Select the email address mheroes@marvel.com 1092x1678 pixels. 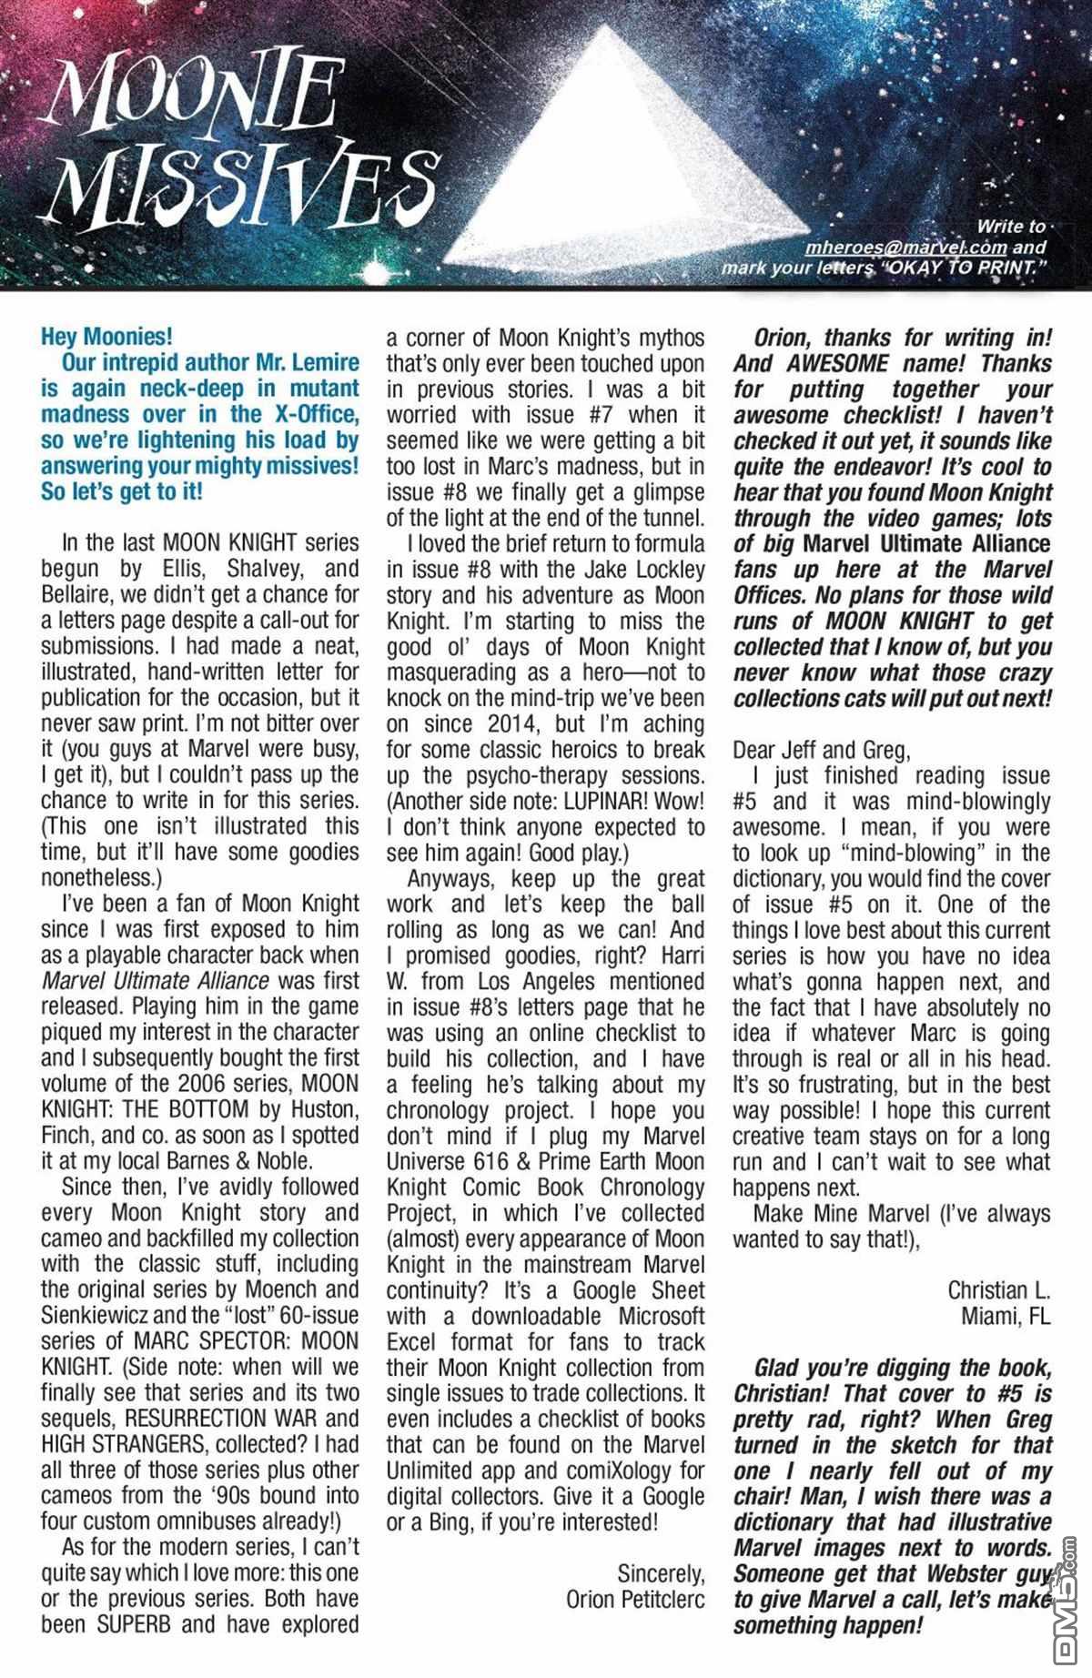[905, 248]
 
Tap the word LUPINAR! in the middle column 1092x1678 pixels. [598, 802]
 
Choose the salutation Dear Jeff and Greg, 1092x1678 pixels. [820, 751]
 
